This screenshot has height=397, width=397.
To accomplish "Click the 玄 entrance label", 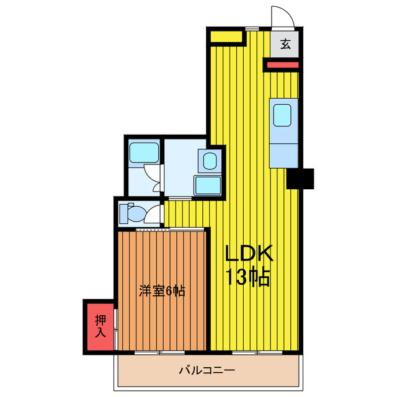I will (x=285, y=44).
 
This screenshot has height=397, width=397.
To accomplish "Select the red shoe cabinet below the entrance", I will (x=282, y=63).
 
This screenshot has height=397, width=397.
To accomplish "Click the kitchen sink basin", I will (x=283, y=115).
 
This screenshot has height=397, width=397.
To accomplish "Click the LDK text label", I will (x=248, y=254).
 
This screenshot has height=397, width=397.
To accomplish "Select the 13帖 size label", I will (x=248, y=277).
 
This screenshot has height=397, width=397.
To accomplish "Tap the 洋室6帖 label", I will (x=162, y=290).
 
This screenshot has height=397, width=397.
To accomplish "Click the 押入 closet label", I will (x=100, y=326).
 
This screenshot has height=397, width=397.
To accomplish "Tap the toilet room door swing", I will (x=151, y=215).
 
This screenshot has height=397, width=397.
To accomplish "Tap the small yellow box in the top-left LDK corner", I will (x=225, y=37).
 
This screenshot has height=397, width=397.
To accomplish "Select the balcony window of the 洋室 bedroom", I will (x=162, y=353).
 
